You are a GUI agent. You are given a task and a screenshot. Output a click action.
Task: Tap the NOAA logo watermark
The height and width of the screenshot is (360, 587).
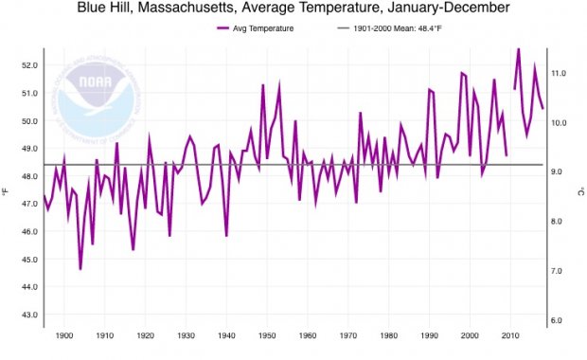[95, 96]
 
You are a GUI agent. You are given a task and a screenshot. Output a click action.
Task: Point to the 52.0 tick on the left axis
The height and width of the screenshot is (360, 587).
[28, 65]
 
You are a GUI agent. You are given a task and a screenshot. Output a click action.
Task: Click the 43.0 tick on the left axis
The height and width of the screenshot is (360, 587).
[28, 315]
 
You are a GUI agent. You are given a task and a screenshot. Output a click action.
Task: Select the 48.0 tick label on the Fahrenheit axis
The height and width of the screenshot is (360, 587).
[28, 176]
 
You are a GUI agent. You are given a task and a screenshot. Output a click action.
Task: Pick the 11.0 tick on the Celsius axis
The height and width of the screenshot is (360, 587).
[559, 73]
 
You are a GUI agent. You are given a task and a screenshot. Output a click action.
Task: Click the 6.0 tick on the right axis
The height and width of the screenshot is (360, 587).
[559, 320]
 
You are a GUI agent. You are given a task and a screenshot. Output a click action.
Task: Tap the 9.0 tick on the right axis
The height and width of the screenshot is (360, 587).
[559, 171]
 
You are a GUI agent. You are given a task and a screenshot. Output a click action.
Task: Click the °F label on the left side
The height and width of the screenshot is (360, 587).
[7, 190]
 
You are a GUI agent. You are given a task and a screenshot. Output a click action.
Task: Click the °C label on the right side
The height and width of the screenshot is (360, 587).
[579, 190]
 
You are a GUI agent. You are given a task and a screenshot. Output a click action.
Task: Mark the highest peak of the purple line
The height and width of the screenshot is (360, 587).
[518, 48]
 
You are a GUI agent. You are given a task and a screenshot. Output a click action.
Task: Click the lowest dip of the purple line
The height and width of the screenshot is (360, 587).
[80, 269]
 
